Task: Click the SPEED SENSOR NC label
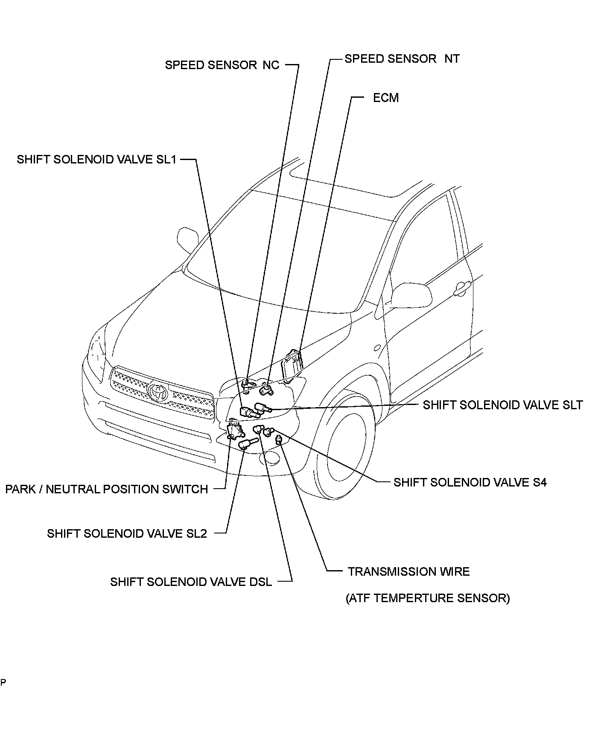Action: click(222, 65)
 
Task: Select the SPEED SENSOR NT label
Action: click(402, 58)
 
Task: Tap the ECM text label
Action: click(386, 98)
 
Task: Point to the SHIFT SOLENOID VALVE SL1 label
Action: click(96, 159)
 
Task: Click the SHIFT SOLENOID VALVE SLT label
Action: click(502, 405)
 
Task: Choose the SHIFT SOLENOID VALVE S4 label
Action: click(470, 482)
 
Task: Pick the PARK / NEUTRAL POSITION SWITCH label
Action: click(106, 489)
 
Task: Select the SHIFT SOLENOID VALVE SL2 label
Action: click(127, 533)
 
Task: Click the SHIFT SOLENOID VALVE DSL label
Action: click(191, 582)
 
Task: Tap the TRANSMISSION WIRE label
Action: click(408, 571)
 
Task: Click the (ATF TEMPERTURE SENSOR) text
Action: click(428, 598)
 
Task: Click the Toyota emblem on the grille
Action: click(158, 392)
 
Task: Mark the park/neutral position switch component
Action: click(233, 430)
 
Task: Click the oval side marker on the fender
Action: click(377, 347)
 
